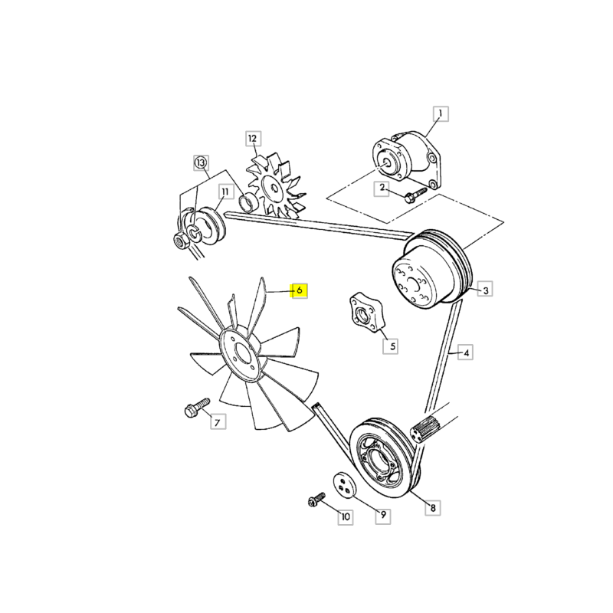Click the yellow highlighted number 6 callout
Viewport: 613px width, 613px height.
[x=299, y=290]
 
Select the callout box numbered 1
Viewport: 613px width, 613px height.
[x=441, y=113]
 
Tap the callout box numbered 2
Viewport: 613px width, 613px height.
[x=382, y=188]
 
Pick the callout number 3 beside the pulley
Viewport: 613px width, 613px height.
[x=485, y=290]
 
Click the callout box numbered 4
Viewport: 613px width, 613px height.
[x=466, y=352]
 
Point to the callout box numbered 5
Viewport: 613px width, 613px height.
[x=391, y=346]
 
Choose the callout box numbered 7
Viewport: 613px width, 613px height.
[x=218, y=422]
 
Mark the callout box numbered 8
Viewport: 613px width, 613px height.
[x=433, y=508]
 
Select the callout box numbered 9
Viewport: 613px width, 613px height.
[x=383, y=515]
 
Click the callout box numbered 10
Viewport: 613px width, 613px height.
[x=346, y=517]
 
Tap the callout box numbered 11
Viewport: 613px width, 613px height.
[x=225, y=192]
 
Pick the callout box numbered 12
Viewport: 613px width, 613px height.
[x=253, y=139]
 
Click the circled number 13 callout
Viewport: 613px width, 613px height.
[x=201, y=162]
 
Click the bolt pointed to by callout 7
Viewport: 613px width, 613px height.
[x=197, y=408]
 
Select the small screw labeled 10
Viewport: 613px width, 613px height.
[x=316, y=500]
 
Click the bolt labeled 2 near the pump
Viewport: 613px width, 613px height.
[x=415, y=195]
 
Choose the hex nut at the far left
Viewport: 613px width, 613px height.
[x=181, y=240]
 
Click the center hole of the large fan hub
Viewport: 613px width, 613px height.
[x=244, y=354]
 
